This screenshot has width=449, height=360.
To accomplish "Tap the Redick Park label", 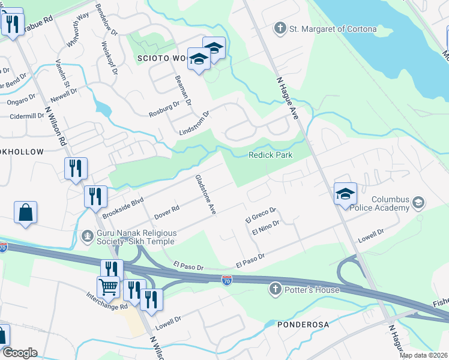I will click(x=271, y=155).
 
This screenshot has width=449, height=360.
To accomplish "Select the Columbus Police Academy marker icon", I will click(x=418, y=204).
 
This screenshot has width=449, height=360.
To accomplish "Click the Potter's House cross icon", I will click(x=276, y=289).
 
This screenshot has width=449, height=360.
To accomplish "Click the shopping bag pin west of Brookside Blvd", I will click(x=26, y=212).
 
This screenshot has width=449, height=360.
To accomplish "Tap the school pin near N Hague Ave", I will click(x=345, y=194).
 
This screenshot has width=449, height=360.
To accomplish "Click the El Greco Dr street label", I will click(x=261, y=214).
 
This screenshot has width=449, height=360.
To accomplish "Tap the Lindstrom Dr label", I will click(x=194, y=123).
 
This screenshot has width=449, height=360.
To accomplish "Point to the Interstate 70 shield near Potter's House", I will click(x=226, y=280).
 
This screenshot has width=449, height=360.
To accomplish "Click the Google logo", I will click(x=19, y=353).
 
